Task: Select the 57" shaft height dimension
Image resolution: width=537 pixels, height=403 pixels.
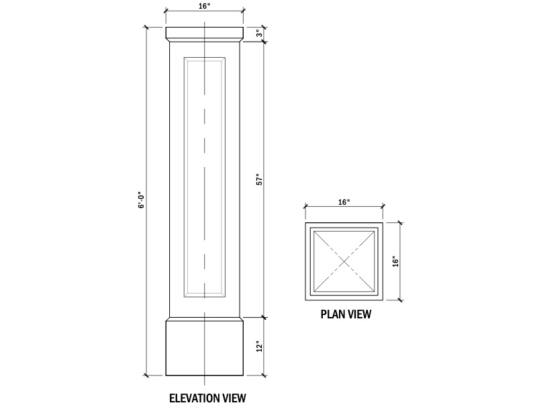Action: point(260,180)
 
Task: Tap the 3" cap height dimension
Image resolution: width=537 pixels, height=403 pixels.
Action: point(260,34)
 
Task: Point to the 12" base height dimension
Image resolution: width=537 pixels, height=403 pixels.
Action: point(260,347)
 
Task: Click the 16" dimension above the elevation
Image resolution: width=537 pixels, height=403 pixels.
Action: point(205,7)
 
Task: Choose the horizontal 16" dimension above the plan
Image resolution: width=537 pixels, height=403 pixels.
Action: point(344,202)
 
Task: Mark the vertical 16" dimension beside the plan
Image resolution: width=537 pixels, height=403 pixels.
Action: point(395,261)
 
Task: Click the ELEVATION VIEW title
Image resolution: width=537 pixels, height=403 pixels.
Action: point(207,398)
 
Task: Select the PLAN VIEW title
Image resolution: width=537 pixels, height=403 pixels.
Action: point(346,314)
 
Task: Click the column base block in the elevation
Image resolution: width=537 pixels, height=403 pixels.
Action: point(205,347)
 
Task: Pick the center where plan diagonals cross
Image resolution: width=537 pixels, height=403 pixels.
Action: point(344,262)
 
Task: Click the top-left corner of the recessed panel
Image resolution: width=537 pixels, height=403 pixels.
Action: point(184,57)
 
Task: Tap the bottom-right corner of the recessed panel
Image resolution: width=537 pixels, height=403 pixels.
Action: point(226,297)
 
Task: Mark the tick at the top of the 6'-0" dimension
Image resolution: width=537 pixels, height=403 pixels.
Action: point(146,27)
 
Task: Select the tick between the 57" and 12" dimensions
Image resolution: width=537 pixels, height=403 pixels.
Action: point(264,317)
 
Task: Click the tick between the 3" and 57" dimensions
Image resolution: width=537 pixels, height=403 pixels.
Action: point(264,42)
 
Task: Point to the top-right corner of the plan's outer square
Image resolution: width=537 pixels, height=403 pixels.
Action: point(383,223)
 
